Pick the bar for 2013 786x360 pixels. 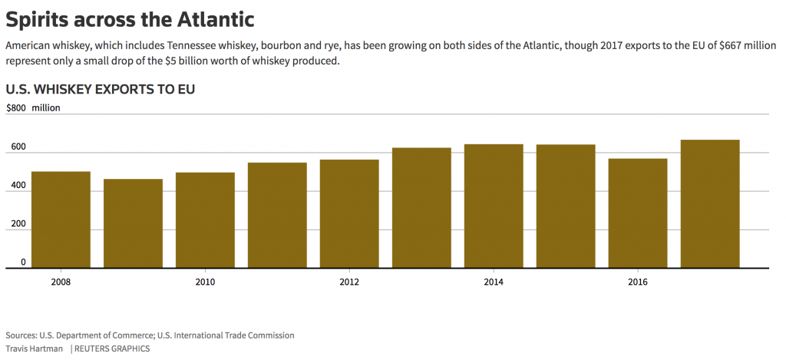[x=421, y=208]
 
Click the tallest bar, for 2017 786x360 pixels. [x=710, y=204]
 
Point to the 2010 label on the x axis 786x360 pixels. [x=205, y=282]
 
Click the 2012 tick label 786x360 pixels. [x=349, y=282]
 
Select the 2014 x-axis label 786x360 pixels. [x=494, y=282]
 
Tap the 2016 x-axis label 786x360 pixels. [x=638, y=282]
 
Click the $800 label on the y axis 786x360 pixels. [x=16, y=108]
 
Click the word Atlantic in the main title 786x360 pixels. [x=208, y=18]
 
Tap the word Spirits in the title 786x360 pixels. [x=38, y=18]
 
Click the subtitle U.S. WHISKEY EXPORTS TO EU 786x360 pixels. [x=100, y=89]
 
